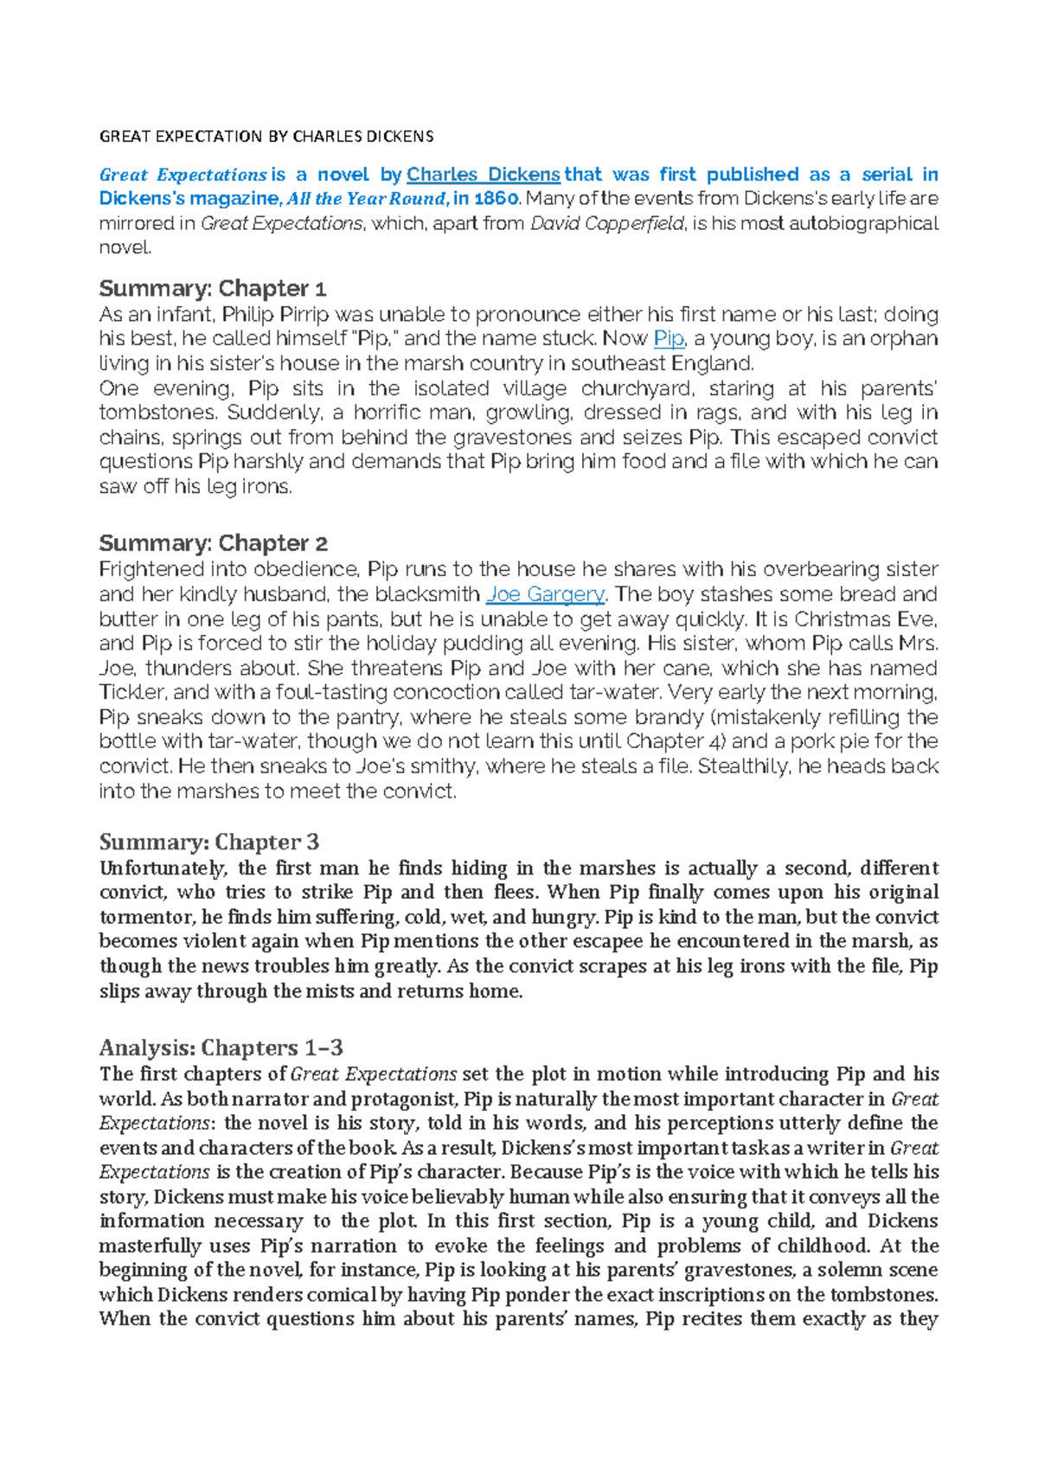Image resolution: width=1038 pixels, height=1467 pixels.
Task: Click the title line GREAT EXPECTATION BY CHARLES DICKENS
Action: tap(266, 137)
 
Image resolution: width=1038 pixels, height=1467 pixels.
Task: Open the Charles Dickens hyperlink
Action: tap(483, 175)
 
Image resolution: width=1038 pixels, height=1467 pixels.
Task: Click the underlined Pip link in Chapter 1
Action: tap(669, 338)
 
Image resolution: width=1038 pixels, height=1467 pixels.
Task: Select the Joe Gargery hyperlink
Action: tap(545, 594)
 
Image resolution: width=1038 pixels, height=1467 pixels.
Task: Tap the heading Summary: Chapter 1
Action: tap(212, 288)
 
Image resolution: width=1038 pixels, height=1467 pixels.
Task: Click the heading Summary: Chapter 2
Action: tap(213, 543)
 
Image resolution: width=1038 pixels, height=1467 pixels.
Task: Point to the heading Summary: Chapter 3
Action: tap(208, 842)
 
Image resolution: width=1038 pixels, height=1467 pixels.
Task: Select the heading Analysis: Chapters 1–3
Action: tap(221, 1047)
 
